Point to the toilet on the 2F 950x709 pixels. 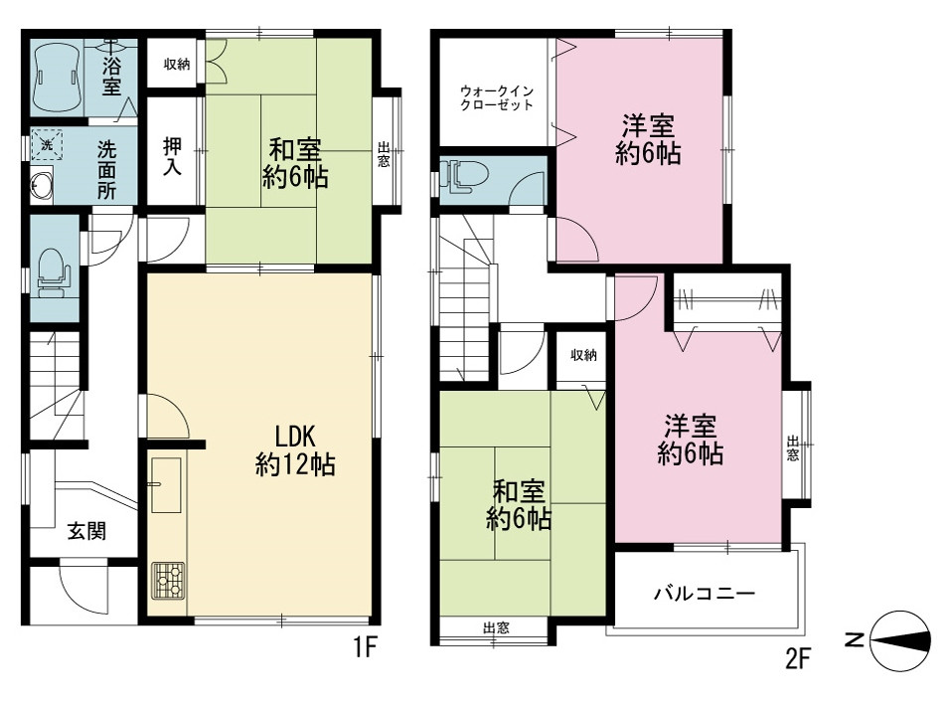[x=464, y=176]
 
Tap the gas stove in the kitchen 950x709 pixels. [x=168, y=580]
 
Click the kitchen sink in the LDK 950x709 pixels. [x=165, y=484]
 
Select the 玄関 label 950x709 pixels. [x=86, y=531]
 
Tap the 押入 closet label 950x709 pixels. [x=172, y=156]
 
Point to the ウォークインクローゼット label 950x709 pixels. [x=496, y=97]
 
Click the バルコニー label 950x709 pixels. [x=705, y=593]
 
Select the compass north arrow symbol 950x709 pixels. [x=899, y=641]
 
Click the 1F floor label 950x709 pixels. [x=366, y=648]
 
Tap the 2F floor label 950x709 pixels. [x=797, y=658]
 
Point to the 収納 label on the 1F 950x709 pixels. [x=177, y=64]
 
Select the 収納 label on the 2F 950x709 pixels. [x=583, y=355]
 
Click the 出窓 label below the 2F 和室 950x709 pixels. [x=496, y=627]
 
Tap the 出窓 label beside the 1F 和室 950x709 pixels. [x=384, y=155]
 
